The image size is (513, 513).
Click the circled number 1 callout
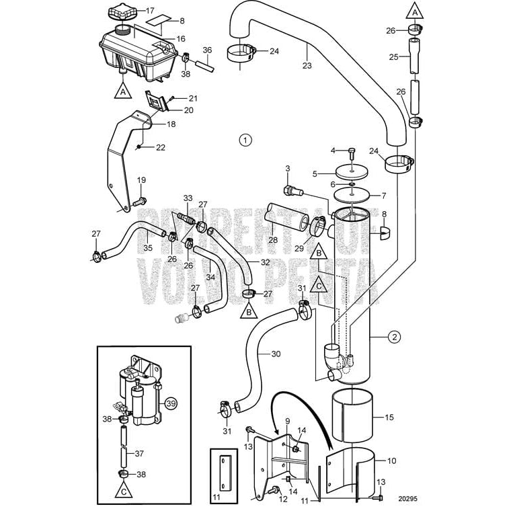[246, 141]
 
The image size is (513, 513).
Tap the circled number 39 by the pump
[171, 403]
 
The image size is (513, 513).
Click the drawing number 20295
[406, 499]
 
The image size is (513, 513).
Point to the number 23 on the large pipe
[307, 65]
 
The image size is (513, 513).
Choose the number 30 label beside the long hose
[276, 354]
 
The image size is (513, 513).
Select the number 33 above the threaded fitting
[188, 198]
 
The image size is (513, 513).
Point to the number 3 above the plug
[287, 169]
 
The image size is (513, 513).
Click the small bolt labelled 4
[353, 151]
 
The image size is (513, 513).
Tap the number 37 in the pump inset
[139, 454]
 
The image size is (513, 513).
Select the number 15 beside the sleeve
[388, 418]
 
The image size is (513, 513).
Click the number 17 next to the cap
[149, 11]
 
